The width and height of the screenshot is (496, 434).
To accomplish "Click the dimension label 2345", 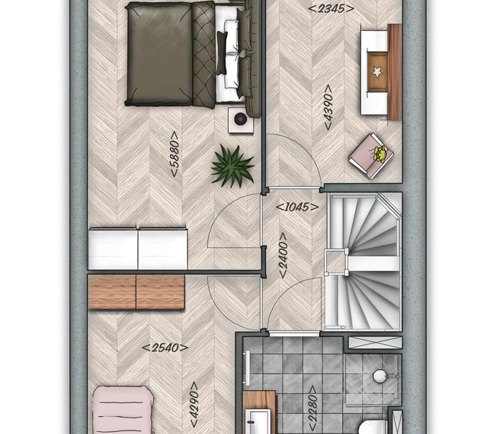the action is click(331, 9).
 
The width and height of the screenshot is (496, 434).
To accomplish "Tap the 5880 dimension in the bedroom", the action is click(175, 154).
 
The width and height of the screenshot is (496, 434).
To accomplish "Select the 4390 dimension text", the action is click(329, 107).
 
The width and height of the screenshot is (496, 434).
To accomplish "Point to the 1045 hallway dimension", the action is click(297, 207).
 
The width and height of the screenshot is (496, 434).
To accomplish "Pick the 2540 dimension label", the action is click(165, 348).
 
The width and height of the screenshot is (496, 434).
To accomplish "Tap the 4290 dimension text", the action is click(195, 405).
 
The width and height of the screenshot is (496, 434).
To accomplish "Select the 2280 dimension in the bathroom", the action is click(313, 407).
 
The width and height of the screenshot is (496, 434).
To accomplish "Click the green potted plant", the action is click(232, 166).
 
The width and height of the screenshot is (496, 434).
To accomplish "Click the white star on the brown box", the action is click(377, 72).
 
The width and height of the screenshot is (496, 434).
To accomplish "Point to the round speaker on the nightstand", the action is click(240, 119).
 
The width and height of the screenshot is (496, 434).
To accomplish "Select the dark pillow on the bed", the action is click(221, 52).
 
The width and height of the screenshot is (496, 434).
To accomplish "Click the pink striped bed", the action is click(123, 410).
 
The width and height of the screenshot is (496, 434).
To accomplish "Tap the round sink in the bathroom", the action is click(380, 376).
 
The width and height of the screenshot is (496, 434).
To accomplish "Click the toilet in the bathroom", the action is click(373, 427).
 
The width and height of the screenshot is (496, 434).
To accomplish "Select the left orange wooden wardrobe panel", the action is click(112, 292).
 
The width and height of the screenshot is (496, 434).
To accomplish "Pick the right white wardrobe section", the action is click(162, 249).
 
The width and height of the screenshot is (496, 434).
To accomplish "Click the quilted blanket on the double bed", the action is click(204, 55).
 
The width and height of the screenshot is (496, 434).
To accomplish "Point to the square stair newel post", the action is click(336, 261).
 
